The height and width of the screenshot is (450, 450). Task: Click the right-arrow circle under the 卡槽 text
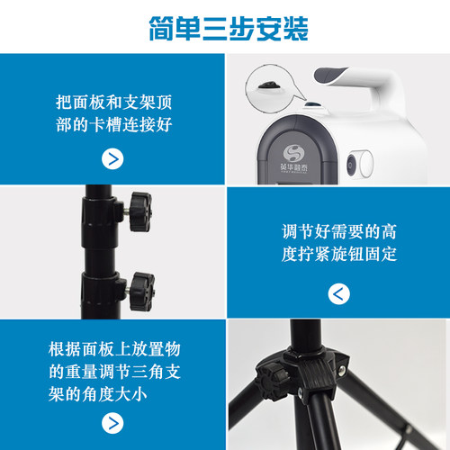pos(112,159)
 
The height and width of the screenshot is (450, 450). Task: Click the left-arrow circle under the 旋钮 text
pos(338,292)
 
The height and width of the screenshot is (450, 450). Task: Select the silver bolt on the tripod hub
pos(342,370)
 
